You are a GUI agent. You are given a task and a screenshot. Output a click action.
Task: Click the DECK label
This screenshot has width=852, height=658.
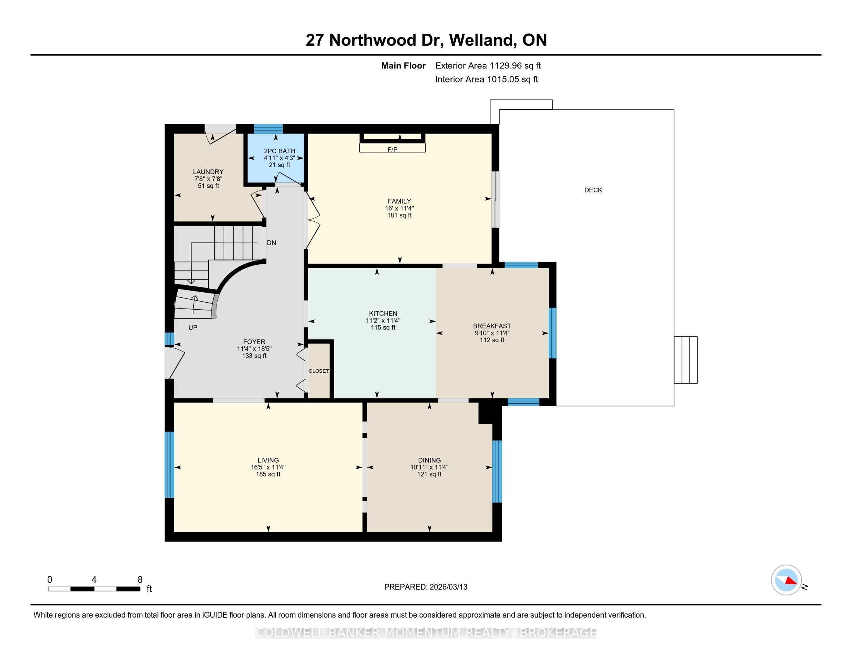[593, 190]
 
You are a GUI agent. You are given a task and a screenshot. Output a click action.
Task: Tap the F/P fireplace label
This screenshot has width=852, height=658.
[392, 150]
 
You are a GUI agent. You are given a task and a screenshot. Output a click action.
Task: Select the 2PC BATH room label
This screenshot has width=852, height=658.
[280, 151]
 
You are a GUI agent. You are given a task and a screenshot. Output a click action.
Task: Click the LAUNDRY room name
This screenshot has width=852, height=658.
[208, 172]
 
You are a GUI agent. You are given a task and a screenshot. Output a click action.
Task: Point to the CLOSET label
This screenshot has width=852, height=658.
[319, 371]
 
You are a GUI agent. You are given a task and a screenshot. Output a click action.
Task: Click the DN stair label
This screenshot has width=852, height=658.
[271, 243]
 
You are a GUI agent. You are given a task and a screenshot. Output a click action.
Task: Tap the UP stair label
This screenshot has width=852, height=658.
[193, 328]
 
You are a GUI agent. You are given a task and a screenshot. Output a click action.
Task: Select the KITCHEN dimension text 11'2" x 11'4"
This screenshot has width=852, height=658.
[383, 321]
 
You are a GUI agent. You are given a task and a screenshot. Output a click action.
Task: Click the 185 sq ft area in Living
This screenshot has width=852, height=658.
[268, 475]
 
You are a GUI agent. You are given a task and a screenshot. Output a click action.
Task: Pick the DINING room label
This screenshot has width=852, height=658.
[429, 460]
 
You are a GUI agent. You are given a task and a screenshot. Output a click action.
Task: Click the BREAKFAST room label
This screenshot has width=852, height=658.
[492, 326]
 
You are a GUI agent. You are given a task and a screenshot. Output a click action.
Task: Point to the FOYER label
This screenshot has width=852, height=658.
[254, 342]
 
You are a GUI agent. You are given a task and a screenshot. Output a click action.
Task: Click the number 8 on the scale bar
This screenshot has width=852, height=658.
[140, 580]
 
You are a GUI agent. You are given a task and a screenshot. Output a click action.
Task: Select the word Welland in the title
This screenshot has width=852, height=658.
[481, 40]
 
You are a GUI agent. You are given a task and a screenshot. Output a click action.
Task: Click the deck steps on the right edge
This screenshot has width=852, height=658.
[686, 360]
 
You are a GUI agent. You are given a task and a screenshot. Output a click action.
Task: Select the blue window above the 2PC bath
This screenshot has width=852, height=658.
[268, 129]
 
